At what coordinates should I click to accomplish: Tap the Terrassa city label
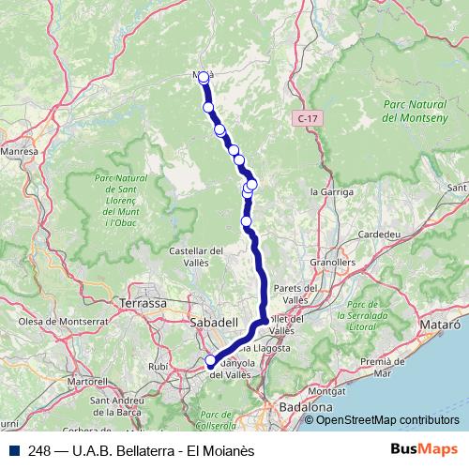click(143, 304)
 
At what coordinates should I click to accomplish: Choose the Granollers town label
click(336, 265)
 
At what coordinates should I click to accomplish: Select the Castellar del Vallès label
click(195, 257)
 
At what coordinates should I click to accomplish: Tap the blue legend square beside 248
click(16, 450)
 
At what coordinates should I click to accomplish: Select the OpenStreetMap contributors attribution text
click(387, 421)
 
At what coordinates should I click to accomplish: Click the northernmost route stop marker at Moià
click(204, 77)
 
